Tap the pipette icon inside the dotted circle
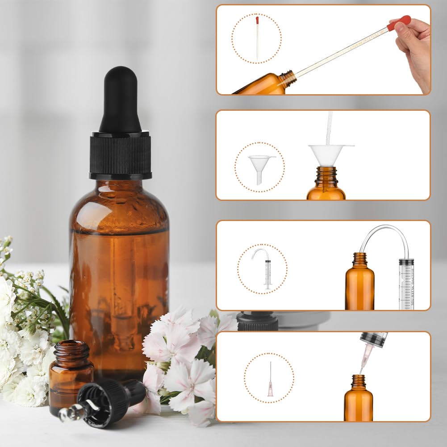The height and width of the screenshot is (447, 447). (257, 38)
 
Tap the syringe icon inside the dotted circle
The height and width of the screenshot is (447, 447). (264, 268)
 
